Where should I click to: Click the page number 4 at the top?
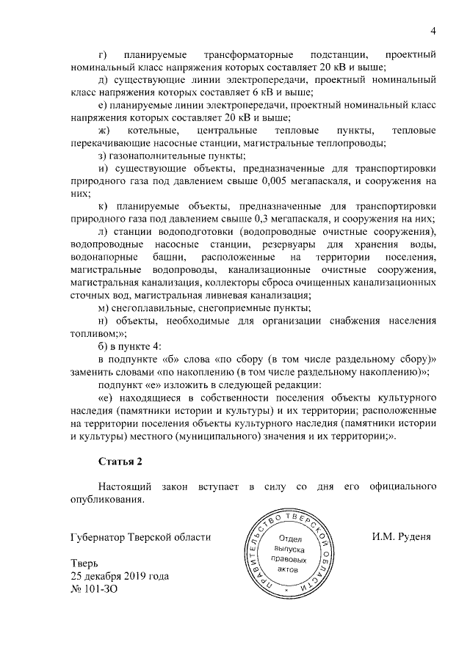click(433, 31)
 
